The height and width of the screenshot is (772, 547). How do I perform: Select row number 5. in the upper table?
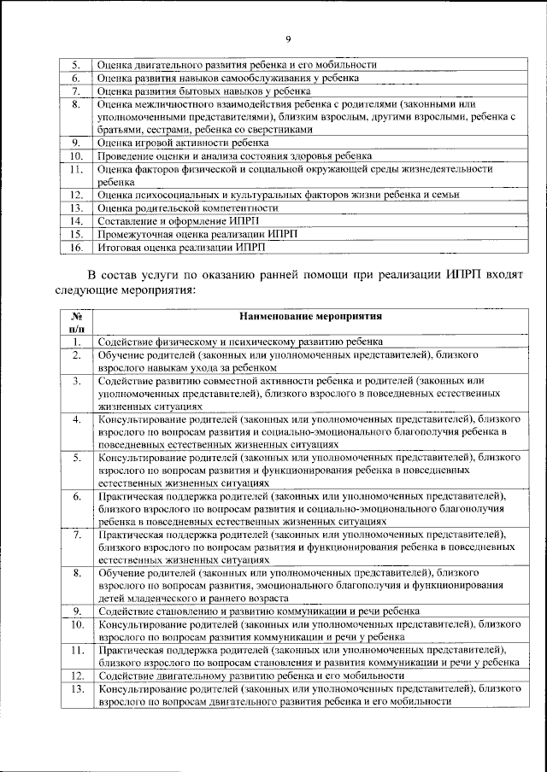[75, 64]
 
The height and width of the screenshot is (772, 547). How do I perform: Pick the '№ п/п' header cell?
[75, 322]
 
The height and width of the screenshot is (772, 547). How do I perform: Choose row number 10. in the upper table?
[75, 156]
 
